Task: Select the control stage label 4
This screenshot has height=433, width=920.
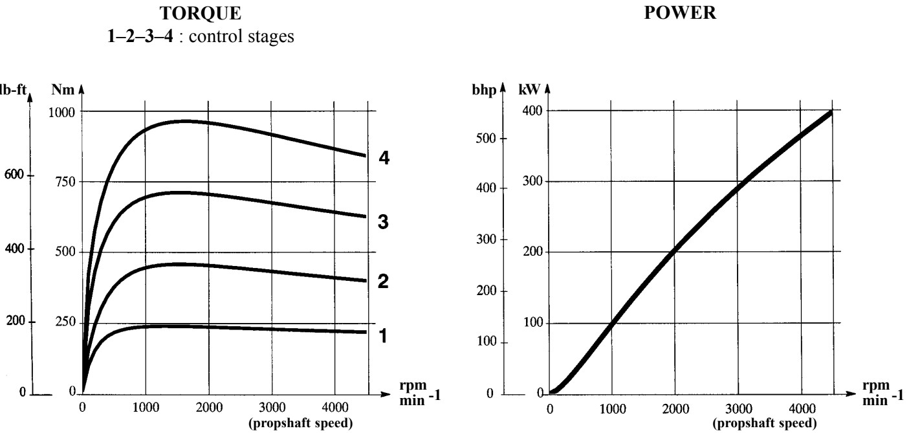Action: click(x=383, y=159)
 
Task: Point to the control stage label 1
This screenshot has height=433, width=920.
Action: click(x=383, y=337)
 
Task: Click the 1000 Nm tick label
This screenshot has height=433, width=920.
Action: click(x=61, y=111)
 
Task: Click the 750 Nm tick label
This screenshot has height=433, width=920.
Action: click(x=65, y=182)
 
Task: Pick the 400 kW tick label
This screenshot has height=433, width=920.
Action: click(x=531, y=111)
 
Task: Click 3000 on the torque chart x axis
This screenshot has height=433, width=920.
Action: click(x=271, y=409)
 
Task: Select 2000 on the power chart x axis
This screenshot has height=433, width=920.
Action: click(x=675, y=409)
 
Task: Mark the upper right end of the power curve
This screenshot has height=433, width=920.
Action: click(x=830, y=113)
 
